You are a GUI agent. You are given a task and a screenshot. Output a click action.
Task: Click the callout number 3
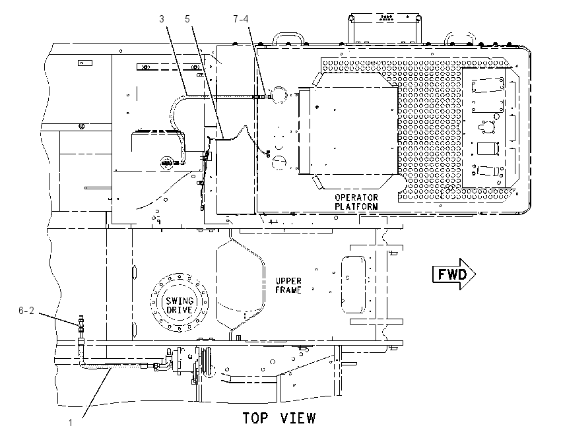(x=162, y=19)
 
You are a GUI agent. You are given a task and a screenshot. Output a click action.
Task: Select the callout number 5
(x=187, y=19)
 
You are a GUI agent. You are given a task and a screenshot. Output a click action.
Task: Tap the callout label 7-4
(x=241, y=19)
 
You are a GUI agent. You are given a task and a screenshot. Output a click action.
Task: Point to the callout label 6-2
(x=26, y=311)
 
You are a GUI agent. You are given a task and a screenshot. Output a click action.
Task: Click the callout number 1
(x=71, y=423)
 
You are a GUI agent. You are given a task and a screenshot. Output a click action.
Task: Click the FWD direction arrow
(x=454, y=274)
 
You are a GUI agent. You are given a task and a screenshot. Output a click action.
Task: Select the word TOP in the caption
(x=255, y=418)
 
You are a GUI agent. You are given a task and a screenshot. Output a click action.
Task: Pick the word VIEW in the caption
(x=298, y=418)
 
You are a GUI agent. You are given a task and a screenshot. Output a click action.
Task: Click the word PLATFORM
(x=356, y=206)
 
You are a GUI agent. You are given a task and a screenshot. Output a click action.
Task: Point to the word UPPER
(x=288, y=281)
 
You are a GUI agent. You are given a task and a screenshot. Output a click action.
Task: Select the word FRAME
(x=288, y=290)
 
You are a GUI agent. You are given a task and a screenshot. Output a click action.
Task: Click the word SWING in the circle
(x=180, y=301)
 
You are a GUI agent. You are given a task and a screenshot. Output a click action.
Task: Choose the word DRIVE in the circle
(x=180, y=309)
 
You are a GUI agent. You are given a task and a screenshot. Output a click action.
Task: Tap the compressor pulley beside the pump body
(x=207, y=362)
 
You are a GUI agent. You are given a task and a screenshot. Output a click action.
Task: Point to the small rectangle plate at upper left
(x=85, y=63)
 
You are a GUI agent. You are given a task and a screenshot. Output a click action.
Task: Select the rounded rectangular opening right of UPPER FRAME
(x=354, y=284)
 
